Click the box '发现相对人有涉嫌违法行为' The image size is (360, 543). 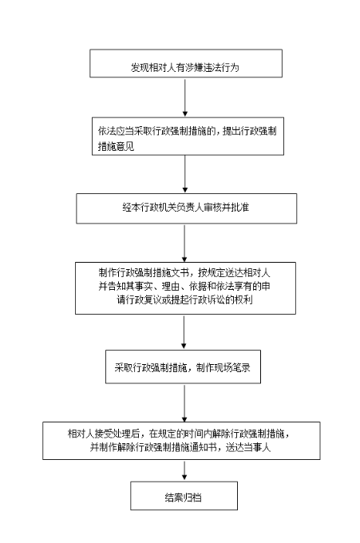point(186,63)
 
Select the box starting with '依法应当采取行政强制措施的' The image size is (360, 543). point(188,136)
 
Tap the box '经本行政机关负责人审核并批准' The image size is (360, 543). point(187,208)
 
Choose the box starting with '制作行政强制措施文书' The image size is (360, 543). point(185,288)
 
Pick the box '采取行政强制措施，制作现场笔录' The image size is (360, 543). point(183,367)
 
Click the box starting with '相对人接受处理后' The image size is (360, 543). point(181,441)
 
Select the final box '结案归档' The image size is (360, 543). point(184,496)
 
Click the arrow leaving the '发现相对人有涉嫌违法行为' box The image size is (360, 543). point(185,97)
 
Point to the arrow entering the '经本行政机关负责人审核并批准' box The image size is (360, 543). point(185,174)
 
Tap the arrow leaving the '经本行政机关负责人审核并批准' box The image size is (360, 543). point(184,243)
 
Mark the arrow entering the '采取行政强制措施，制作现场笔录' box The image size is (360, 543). point(184,332)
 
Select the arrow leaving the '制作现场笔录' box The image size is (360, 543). point(184,403)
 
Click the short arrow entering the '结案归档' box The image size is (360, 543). point(184,470)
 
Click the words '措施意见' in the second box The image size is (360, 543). point(116,146)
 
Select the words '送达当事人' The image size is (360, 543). point(247,447)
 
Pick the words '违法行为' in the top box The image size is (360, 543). point(221,67)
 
